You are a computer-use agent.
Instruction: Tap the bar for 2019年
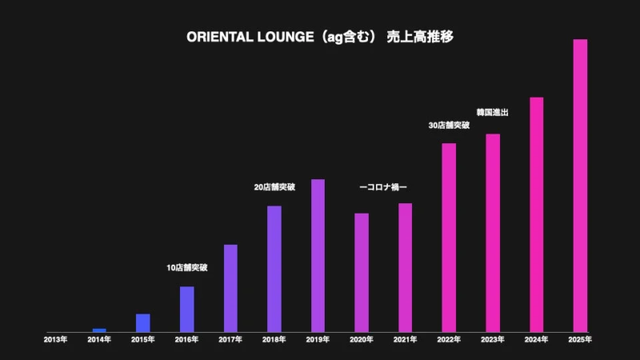pyautogui.click(x=318, y=255)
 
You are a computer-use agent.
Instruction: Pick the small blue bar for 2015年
pyautogui.click(x=143, y=322)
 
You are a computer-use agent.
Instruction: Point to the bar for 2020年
pyautogui.click(x=362, y=272)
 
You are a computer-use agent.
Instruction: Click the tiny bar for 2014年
pyautogui.click(x=99, y=330)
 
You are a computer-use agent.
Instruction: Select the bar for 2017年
pyautogui.click(x=230, y=288)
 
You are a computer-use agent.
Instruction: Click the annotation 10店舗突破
pyautogui.click(x=186, y=268)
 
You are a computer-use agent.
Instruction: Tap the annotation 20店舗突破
pyautogui.click(x=274, y=187)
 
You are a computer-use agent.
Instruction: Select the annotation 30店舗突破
pyautogui.click(x=449, y=126)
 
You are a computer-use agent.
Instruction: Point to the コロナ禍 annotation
pyautogui.click(x=383, y=187)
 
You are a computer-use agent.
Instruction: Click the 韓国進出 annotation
pyautogui.click(x=493, y=113)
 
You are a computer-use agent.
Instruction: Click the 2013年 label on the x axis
pyautogui.click(x=55, y=340)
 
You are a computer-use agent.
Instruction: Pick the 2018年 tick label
pyautogui.click(x=274, y=340)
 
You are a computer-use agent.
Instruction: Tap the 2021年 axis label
pyautogui.click(x=406, y=340)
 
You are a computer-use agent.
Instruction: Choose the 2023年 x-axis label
pyautogui.click(x=493, y=340)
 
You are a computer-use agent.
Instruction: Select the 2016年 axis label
pyautogui.click(x=186, y=340)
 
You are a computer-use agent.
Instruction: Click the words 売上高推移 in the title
pyautogui.click(x=420, y=38)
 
